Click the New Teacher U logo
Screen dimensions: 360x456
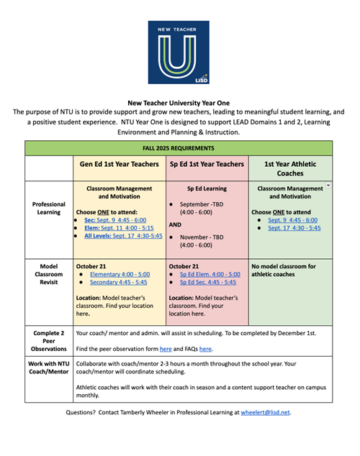pyautogui.click(x=179, y=53)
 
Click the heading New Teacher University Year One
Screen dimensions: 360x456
pyautogui.click(x=179, y=103)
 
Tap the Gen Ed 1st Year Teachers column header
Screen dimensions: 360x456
pyautogui.click(x=120, y=165)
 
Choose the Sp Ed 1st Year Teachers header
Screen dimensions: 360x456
pyautogui.click(x=207, y=165)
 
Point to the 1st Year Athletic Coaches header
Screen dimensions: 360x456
pyautogui.click(x=290, y=169)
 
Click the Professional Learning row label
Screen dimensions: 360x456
pyautogui.click(x=49, y=208)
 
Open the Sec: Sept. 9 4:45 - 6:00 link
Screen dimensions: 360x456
pyautogui.click(x=114, y=219)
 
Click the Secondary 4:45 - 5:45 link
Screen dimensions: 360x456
pyautogui.click(x=116, y=283)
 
